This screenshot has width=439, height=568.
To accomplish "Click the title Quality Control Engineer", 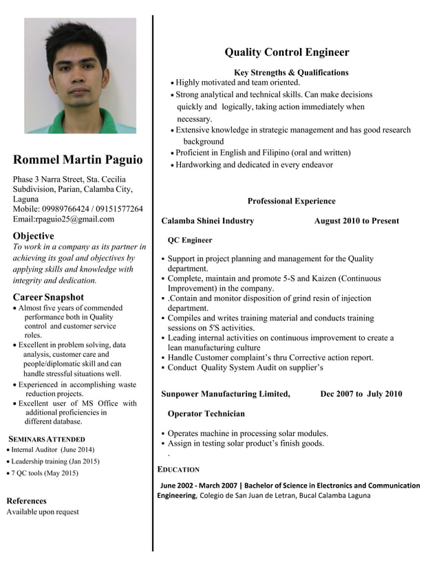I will coord(287,52).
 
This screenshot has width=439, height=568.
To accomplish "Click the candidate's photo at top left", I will coord(81,76).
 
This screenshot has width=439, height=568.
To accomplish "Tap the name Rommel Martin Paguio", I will coord(78,160).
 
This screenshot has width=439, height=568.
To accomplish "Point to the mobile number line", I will coord(78,209).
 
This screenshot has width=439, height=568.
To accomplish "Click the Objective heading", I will coord(33,236).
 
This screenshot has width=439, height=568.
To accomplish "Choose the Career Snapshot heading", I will coord(48,297).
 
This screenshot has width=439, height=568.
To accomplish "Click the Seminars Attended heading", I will coord(46,439).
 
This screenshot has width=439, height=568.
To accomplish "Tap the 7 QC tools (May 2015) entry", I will coord(44,473).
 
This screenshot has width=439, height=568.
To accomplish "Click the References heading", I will coord(26,501).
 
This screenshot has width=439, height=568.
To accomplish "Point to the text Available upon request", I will coord(43,512).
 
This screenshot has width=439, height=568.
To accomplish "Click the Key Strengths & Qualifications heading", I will coord(291,72).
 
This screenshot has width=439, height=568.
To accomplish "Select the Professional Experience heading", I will coord(291,201).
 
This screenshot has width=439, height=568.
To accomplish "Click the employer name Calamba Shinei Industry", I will coord(207,221).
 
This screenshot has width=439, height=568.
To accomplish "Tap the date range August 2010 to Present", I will coord(356,221).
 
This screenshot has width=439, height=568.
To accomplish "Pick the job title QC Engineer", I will coord(190,240).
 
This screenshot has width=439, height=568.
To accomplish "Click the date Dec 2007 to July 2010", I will coord(361,394).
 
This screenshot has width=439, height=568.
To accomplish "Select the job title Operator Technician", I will coord(206,413).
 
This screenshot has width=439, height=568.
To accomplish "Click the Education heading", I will coord(179,470).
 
